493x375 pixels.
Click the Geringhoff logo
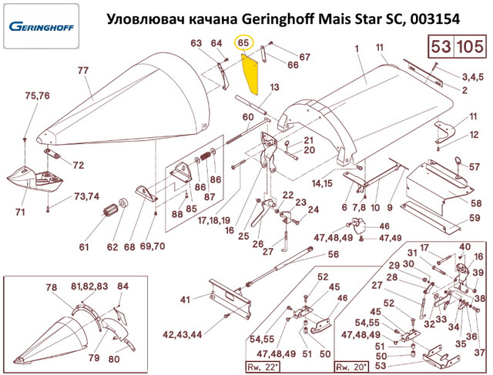41,26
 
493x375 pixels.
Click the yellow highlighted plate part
250,74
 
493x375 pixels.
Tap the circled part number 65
243,43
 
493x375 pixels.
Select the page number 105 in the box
470,46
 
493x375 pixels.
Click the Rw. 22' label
262,367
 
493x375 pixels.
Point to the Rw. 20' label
351,367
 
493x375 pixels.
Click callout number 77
83,70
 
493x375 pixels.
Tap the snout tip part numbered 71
35,178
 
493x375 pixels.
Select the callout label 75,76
38,95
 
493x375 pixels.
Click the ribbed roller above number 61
110,211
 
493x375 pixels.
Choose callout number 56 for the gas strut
334,254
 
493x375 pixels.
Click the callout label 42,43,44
182,334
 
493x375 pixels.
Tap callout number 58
476,203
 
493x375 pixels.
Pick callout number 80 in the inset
114,359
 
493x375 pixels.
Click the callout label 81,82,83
89,286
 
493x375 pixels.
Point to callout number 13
274,87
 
